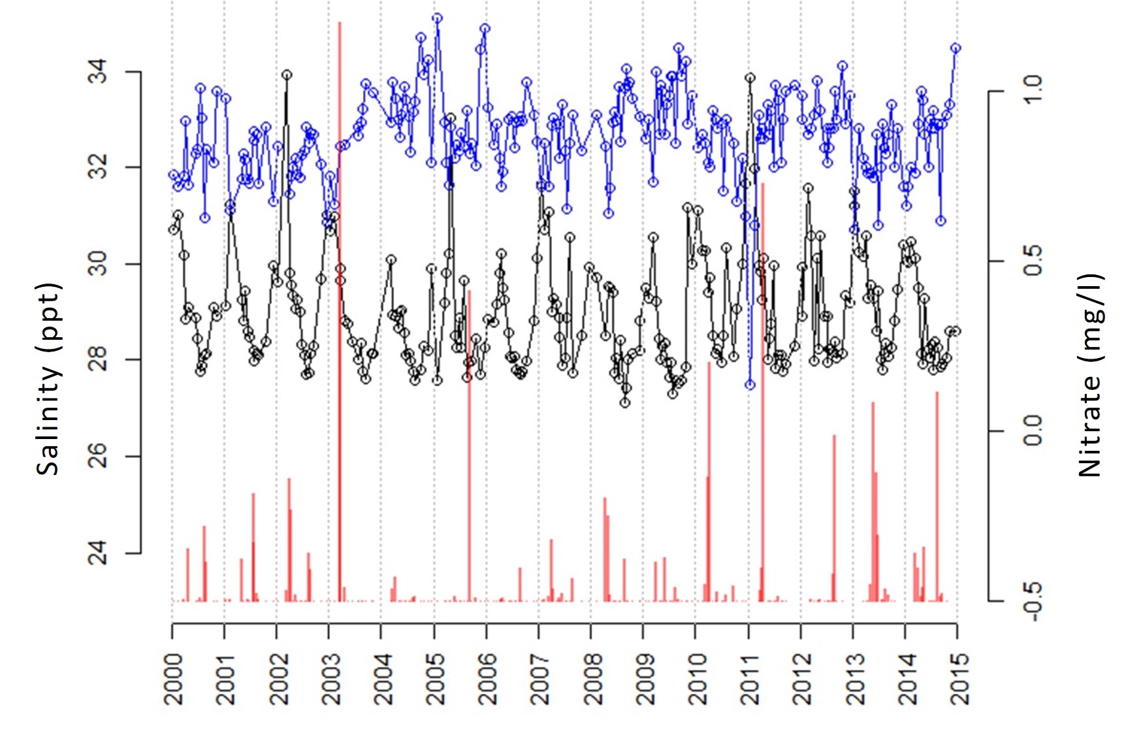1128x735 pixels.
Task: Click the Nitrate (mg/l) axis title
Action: tap(1089, 375)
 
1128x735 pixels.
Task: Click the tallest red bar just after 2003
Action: tap(340, 261)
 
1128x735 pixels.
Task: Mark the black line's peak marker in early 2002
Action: tap(287, 75)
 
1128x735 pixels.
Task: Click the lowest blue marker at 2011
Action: tap(750, 385)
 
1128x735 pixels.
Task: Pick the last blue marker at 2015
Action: tap(956, 48)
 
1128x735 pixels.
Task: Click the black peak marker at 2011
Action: tap(750, 78)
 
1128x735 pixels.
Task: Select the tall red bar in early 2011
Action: tap(763, 392)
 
